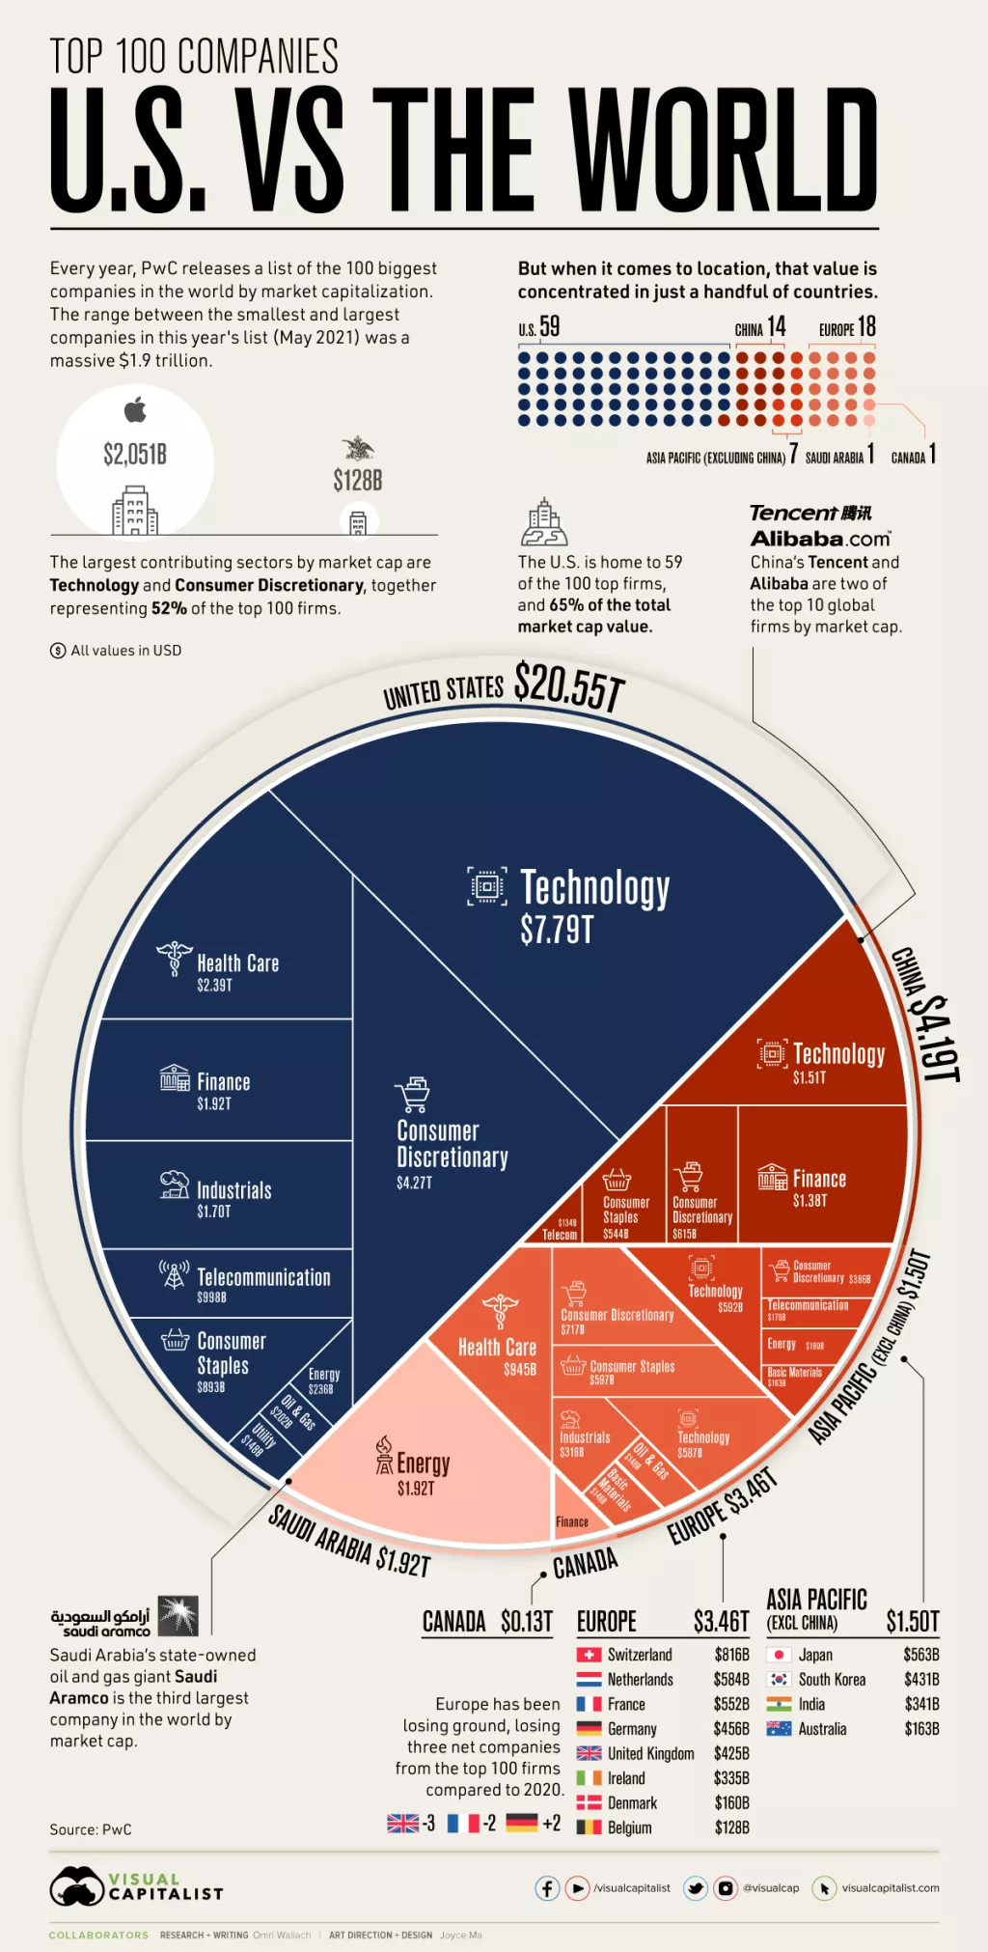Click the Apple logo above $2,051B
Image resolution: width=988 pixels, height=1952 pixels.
(x=135, y=410)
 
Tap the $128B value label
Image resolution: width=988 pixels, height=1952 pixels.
(x=358, y=480)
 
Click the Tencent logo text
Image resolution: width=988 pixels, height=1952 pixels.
(x=810, y=513)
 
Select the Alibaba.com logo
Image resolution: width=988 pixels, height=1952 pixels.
(x=820, y=539)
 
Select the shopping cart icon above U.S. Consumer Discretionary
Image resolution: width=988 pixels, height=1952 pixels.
(x=413, y=1095)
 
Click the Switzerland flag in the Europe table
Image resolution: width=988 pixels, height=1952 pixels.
(x=589, y=1655)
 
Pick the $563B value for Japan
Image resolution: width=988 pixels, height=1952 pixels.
(x=920, y=1655)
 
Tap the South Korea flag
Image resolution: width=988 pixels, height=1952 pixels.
(x=779, y=1680)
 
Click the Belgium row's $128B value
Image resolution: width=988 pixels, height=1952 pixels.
(x=731, y=1827)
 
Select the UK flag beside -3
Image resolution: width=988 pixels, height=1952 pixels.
(x=402, y=1823)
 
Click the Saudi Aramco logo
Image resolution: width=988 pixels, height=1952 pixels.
(x=124, y=1616)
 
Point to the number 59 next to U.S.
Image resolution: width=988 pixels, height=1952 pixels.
(x=549, y=327)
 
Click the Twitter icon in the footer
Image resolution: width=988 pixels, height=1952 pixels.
(x=695, y=1887)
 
